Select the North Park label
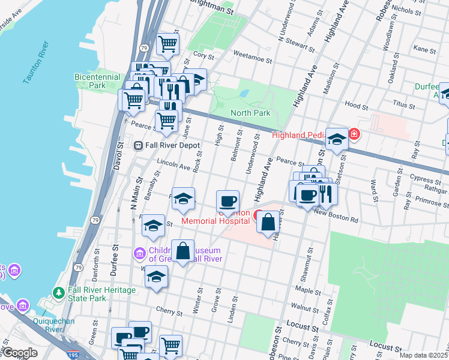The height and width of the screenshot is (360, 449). pos(251,113)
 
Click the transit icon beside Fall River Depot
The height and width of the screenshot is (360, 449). pos(138,145)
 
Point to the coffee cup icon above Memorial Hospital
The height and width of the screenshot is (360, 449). pos(228,200)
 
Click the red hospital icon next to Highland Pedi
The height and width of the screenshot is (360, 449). pos(355,134)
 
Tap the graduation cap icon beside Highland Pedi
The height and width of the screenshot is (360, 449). pos(337,139)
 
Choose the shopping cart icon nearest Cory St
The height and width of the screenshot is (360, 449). pos(167,43)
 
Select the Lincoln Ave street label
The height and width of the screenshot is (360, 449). pos(173,164)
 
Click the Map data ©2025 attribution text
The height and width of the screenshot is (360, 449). pos(423,355)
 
